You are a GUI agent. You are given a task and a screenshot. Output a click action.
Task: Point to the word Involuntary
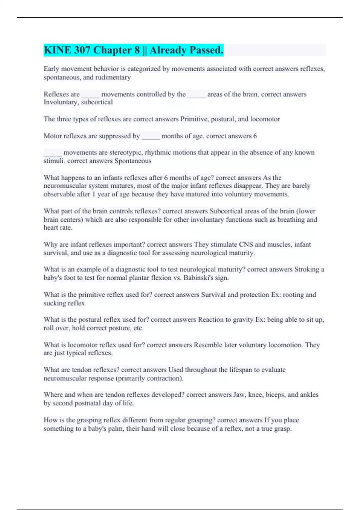(x=61, y=102)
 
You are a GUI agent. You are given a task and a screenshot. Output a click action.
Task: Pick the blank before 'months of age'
(x=151, y=136)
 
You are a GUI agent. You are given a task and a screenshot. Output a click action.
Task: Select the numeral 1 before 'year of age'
(x=94, y=194)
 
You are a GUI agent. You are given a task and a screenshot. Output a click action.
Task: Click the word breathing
(x=291, y=220)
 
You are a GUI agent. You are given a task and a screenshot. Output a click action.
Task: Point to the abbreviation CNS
(x=246, y=244)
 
